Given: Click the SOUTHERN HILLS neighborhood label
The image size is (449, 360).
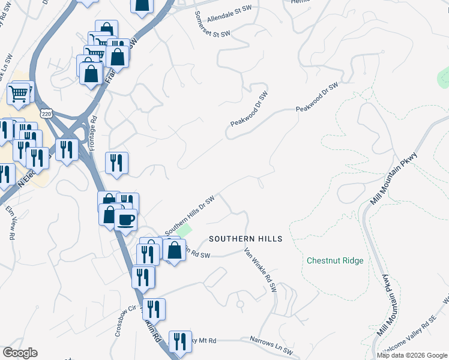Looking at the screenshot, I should [246, 239].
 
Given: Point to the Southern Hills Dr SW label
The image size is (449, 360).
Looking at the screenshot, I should [190, 215].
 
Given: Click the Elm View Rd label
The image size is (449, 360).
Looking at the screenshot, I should [12, 223].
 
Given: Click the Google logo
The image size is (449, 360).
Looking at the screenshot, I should [20, 353].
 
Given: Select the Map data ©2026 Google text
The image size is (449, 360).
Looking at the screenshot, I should [411, 355].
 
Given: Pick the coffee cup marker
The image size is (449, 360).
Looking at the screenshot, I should [125, 220].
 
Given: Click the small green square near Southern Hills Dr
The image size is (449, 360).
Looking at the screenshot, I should [184, 230].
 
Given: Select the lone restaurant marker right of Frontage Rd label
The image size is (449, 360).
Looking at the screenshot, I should [116, 163].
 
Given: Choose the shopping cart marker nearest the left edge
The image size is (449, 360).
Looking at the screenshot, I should [19, 93].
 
